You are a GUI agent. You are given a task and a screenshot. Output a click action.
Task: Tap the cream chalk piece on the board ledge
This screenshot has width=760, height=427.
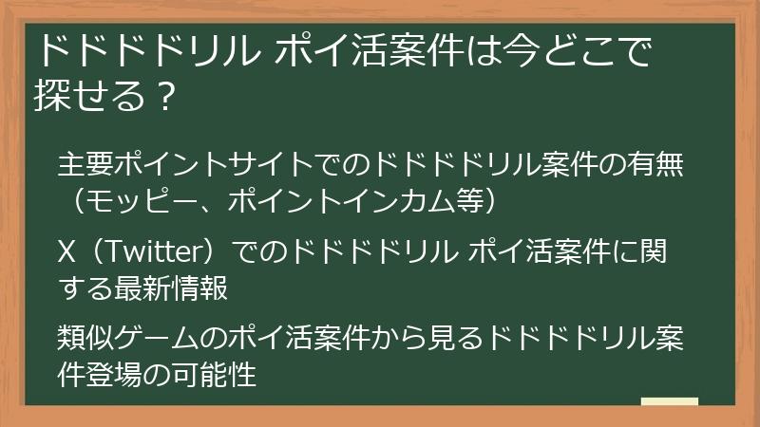(670, 401)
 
